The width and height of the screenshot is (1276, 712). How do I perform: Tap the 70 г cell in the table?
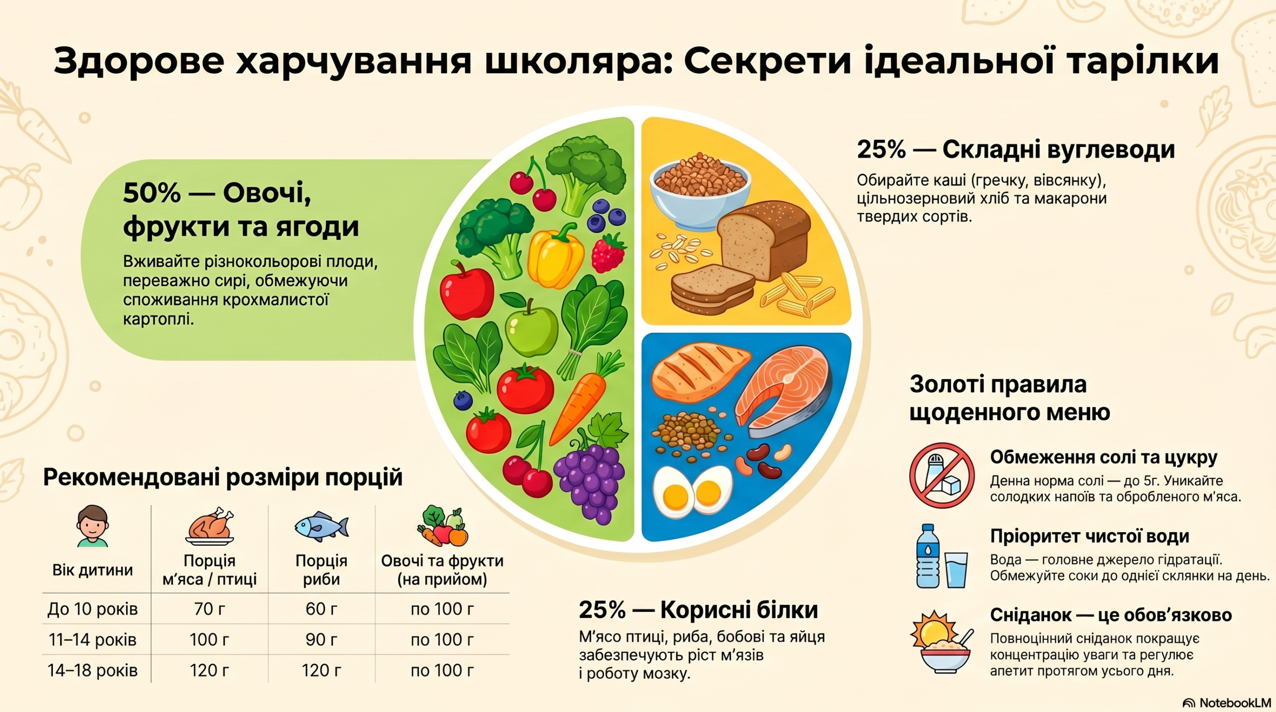point(209,608)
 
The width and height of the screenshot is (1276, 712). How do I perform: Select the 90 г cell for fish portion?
point(321,639)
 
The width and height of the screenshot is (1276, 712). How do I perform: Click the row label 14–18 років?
point(92,670)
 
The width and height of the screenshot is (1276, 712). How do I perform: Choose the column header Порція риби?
point(321,570)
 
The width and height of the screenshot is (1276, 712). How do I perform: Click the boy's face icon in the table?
point(93,526)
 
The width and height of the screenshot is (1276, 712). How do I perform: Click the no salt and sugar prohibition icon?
point(942,475)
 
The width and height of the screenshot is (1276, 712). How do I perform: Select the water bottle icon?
point(928,556)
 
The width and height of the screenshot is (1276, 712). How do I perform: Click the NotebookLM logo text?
point(1234,703)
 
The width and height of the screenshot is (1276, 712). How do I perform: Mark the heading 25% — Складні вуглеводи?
point(1016,149)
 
